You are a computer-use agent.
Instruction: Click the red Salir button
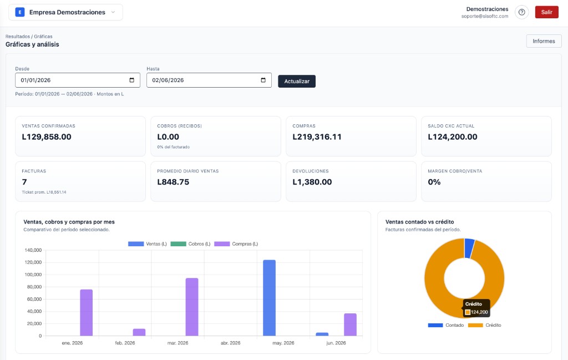pyautogui.click(x=546, y=12)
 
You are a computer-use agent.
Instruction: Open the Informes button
pyautogui.click(x=544, y=41)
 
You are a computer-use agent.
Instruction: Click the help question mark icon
pyautogui.click(x=521, y=12)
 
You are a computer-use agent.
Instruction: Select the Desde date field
pyautogui.click(x=78, y=80)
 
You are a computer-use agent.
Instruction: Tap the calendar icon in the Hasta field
pyautogui.click(x=263, y=80)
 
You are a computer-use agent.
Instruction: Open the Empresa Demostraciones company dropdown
pyautogui.click(x=65, y=12)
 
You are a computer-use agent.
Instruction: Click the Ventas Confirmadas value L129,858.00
pyautogui.click(x=47, y=137)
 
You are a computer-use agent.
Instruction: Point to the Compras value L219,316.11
pyautogui.click(x=317, y=137)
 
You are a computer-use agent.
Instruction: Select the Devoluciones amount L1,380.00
pyautogui.click(x=312, y=182)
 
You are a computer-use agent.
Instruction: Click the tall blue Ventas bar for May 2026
pyautogui.click(x=269, y=298)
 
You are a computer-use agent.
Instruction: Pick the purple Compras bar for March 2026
pyautogui.click(x=192, y=307)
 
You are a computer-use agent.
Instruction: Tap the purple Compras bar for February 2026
pyautogui.click(x=139, y=332)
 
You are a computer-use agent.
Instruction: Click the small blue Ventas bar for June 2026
pyautogui.click(x=322, y=334)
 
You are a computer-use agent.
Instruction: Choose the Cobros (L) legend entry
pyautogui.click(x=190, y=244)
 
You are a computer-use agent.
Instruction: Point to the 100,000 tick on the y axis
pyautogui.click(x=33, y=275)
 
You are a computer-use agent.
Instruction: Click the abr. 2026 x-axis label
pyautogui.click(x=230, y=343)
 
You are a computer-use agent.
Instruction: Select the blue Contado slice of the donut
pyautogui.click(x=469, y=248)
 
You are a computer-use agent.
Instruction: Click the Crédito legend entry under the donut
pyautogui.click(x=485, y=325)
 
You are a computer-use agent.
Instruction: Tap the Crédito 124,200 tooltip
pyautogui.click(x=476, y=308)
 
